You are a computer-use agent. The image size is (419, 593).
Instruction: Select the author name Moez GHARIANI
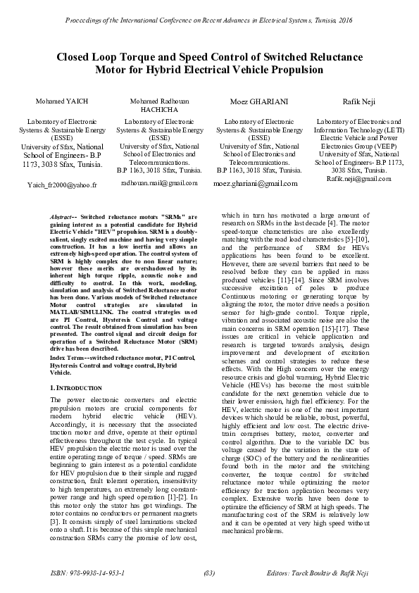coord(259,101)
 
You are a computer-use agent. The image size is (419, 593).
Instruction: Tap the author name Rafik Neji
coord(359,101)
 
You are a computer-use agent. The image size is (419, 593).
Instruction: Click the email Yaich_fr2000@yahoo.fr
coord(61,185)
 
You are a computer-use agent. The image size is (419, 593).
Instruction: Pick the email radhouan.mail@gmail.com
coord(159,182)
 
